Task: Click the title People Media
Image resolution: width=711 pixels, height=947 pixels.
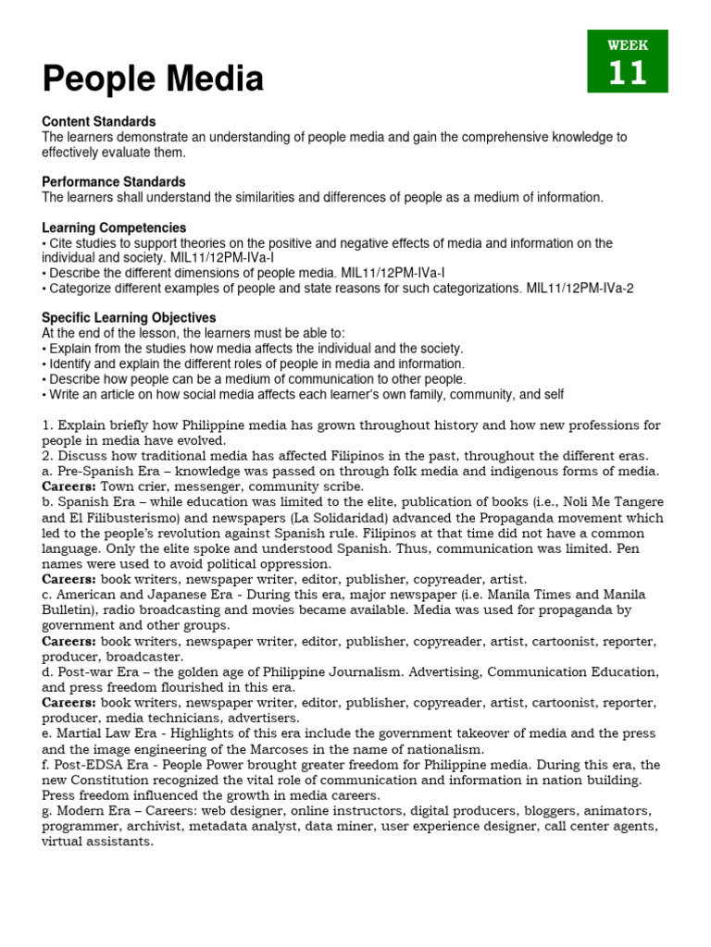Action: (x=153, y=80)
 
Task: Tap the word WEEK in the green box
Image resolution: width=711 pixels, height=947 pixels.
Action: (x=627, y=44)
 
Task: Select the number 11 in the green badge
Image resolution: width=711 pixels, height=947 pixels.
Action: (x=627, y=72)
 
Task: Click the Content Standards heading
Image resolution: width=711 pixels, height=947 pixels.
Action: (x=99, y=122)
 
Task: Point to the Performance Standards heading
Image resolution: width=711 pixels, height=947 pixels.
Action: (x=114, y=182)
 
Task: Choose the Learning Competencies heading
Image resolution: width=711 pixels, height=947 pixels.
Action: (x=114, y=228)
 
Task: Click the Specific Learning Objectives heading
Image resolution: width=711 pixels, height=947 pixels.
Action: (x=129, y=317)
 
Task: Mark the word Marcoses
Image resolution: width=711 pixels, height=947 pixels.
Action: (x=265, y=749)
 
